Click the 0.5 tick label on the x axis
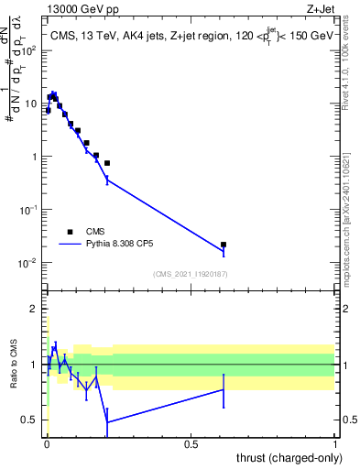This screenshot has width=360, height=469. (x=190, y=443)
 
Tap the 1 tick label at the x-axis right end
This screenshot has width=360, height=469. (x=336, y=443)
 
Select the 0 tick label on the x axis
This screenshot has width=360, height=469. (x=46, y=443)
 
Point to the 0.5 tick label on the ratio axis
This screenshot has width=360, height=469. (x=28, y=420)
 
